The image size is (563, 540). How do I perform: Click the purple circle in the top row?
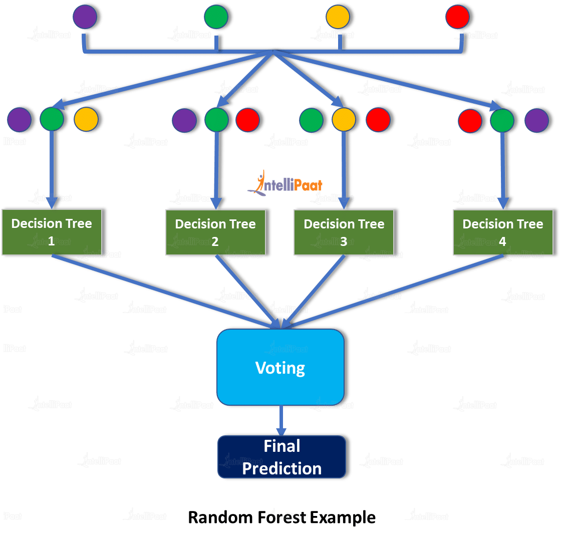[x=85, y=17]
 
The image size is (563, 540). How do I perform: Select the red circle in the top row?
[x=457, y=17]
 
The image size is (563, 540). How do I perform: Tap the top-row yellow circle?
[x=338, y=17]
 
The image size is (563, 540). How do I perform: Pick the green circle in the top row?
[x=216, y=17]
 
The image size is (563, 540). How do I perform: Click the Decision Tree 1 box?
[x=52, y=232]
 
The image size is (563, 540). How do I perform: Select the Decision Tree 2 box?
[x=215, y=232]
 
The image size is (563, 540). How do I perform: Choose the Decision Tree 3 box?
[x=344, y=232]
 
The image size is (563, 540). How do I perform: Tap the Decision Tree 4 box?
[x=503, y=232]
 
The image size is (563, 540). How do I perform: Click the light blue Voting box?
[x=280, y=367]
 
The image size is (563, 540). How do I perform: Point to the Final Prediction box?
[x=282, y=457]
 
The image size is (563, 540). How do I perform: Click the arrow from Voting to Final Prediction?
[x=281, y=420]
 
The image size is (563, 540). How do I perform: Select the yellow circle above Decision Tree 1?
[x=86, y=119]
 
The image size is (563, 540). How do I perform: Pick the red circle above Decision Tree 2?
[x=248, y=120]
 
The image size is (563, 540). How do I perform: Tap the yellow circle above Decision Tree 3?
[x=344, y=120]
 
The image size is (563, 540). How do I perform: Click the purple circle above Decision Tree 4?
[x=537, y=120]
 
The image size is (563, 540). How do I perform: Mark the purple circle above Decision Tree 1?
[x=20, y=120]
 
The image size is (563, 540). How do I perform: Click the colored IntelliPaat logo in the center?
[x=285, y=183]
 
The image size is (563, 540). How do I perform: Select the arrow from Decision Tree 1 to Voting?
[x=166, y=292]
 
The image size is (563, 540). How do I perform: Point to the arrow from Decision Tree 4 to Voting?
[x=393, y=292]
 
